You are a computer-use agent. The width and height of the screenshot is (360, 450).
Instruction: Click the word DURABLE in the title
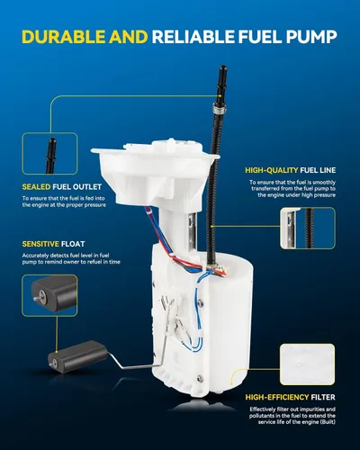click(64, 37)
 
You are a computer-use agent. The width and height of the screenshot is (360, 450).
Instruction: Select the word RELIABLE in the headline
click(193, 37)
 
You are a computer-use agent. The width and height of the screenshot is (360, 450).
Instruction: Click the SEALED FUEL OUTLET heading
click(62, 187)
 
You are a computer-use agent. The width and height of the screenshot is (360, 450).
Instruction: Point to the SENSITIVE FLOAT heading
click(53, 244)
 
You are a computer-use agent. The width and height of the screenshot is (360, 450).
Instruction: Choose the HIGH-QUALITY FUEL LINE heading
click(290, 170)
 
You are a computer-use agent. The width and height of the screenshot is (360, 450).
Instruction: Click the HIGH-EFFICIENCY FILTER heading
click(290, 397)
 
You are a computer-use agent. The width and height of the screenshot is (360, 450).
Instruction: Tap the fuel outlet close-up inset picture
click(49, 153)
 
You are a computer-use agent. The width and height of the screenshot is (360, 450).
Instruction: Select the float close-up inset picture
click(49, 295)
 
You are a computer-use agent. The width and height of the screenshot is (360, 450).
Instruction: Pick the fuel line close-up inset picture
click(308, 228)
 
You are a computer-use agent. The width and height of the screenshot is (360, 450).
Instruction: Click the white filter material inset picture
click(307, 364)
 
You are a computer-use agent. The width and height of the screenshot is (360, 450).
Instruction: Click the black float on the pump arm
click(77, 356)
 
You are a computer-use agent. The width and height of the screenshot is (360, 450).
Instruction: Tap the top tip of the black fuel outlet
click(222, 67)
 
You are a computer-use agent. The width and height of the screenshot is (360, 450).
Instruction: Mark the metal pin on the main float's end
click(52, 363)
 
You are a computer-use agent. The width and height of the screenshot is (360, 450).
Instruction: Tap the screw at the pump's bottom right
click(201, 380)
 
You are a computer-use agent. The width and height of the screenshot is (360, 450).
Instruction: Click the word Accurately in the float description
click(35, 256)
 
